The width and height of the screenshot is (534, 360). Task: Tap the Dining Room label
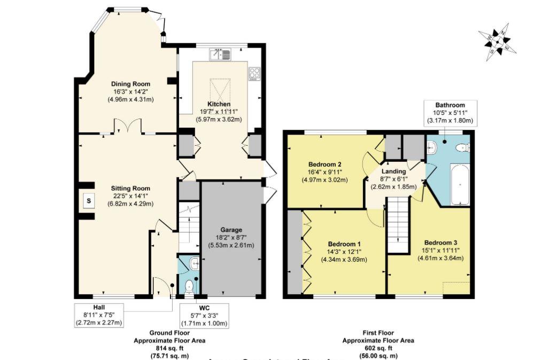(x=130, y=84)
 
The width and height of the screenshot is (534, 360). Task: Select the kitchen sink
(x=221, y=54)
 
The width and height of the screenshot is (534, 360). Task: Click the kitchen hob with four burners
(x=254, y=73)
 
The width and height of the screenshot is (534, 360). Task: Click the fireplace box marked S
(x=88, y=201)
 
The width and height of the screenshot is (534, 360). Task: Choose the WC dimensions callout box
(x=205, y=315)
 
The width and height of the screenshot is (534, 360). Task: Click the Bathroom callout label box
(x=450, y=113)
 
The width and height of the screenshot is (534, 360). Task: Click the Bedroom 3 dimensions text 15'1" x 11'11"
(x=440, y=250)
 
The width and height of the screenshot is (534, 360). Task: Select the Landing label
(x=393, y=171)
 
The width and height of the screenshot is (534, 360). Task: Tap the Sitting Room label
(x=130, y=188)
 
